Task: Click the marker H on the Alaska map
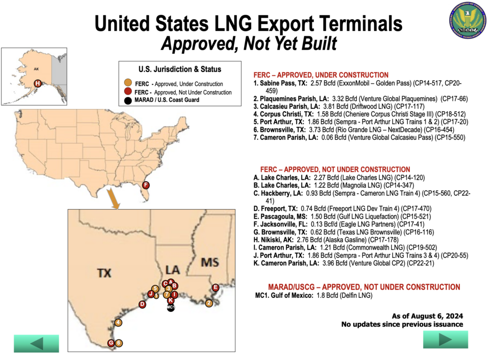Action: pyautogui.click(x=38, y=84)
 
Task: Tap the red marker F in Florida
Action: pyautogui.click(x=146, y=185)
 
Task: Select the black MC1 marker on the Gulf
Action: pyautogui.click(x=171, y=307)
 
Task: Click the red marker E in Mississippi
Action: pyautogui.click(x=215, y=287)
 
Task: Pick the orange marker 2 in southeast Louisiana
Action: pyautogui.click(x=209, y=303)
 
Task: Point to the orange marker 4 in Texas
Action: pyautogui.click(x=118, y=322)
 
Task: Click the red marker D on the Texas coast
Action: pyautogui.click(x=142, y=304)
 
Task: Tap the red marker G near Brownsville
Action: pyautogui.click(x=111, y=343)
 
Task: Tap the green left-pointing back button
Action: pyautogui.click(x=36, y=343)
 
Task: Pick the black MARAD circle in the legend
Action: pyautogui.click(x=128, y=100)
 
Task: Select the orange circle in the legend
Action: pyautogui.click(x=128, y=84)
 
